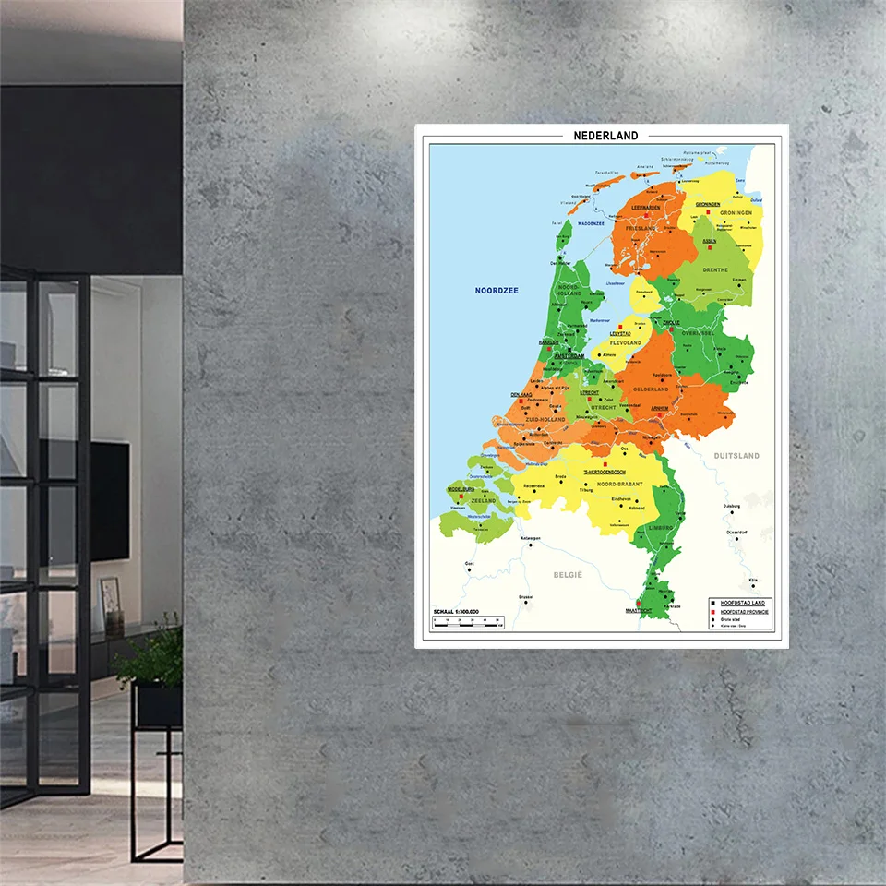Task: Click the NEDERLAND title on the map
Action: pos(605,136)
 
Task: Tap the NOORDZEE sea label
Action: pos(497,291)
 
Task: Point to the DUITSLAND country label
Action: pos(736,456)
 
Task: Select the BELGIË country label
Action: pos(568,575)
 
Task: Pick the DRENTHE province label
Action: pos(715,269)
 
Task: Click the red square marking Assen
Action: pos(709,248)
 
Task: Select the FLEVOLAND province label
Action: pos(625,343)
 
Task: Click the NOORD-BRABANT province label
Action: pos(618,485)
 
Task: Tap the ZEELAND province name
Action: pos(484,500)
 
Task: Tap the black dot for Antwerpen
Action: pos(529,545)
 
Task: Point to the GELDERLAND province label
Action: pos(651,389)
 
